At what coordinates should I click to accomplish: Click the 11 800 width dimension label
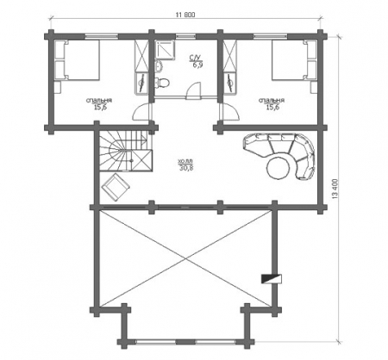tap(185, 15)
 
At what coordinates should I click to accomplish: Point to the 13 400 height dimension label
tap(335, 189)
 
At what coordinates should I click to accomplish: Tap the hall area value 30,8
tap(186, 168)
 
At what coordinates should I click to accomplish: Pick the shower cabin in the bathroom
tap(165, 49)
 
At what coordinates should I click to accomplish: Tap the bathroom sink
tap(159, 66)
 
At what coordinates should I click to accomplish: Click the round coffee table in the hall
tap(278, 168)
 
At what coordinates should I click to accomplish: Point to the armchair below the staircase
tap(116, 187)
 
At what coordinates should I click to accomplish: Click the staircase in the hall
tap(126, 151)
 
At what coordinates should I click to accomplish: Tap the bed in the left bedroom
tap(77, 59)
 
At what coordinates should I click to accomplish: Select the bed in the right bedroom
tap(294, 59)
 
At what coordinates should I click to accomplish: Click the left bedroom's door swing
tap(141, 113)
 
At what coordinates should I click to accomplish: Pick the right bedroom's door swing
tap(229, 113)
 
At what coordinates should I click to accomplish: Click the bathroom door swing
tap(193, 90)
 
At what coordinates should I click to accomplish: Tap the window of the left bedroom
tap(102, 36)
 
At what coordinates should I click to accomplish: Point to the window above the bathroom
tap(185, 36)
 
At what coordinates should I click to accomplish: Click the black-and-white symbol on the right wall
tap(271, 279)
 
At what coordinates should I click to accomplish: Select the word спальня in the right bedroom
tap(272, 101)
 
